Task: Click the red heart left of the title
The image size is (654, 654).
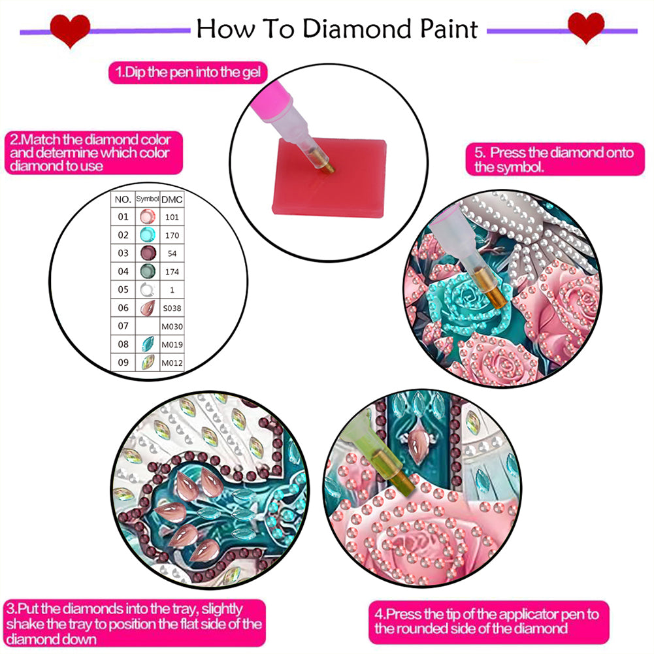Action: click(x=70, y=30)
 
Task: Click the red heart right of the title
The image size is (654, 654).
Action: click(x=586, y=27)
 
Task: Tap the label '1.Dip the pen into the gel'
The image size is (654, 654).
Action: click(x=188, y=72)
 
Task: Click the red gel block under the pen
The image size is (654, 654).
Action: click(x=329, y=178)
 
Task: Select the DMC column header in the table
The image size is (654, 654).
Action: click(x=172, y=199)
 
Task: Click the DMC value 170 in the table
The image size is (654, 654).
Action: click(x=172, y=235)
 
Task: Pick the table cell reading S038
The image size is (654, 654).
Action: click(x=172, y=308)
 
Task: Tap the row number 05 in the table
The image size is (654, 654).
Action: click(x=123, y=289)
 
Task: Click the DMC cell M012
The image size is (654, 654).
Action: click(x=172, y=363)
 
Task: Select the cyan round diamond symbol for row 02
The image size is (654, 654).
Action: click(x=148, y=235)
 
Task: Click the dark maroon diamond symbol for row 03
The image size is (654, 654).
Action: click(x=148, y=253)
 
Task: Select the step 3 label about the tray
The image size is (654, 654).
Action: click(x=135, y=623)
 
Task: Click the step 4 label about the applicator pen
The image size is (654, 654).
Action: click(x=489, y=621)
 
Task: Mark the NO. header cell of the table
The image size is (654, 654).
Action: click(x=123, y=199)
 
